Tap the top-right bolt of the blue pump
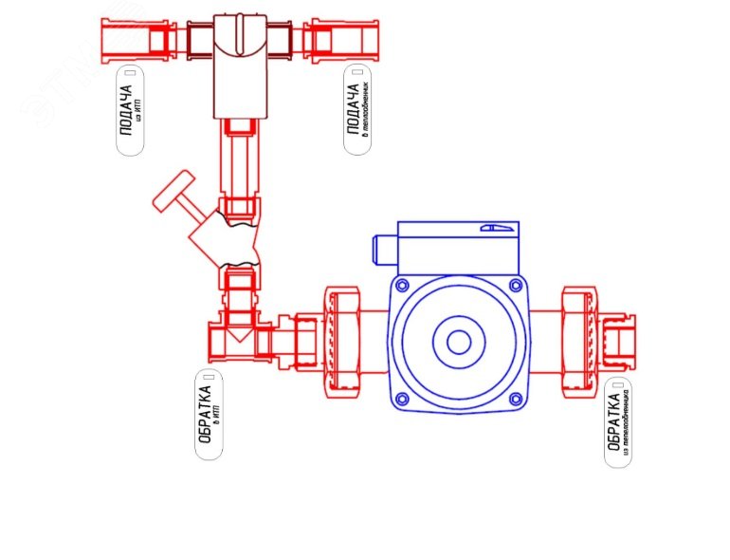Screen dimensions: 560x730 tap(515, 285)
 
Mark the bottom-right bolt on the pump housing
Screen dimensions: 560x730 tap(515, 398)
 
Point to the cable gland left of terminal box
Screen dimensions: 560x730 tap(383, 250)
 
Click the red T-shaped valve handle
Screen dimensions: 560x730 tap(174, 195)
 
